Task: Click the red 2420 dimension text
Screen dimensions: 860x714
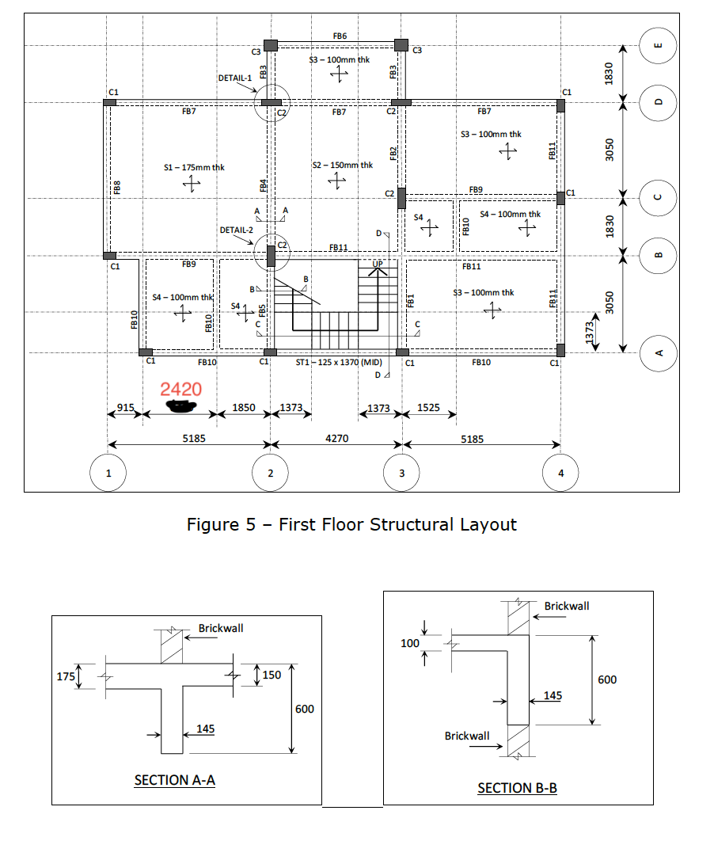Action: click(180, 389)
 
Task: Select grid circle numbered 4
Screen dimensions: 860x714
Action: click(561, 474)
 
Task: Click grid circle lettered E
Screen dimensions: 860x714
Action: click(658, 46)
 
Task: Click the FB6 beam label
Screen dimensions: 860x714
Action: click(340, 36)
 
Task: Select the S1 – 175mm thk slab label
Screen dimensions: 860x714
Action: click(194, 167)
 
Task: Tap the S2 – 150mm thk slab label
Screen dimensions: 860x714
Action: click(342, 165)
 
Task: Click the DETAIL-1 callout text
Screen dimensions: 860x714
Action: click(234, 78)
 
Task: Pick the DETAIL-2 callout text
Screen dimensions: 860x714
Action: click(235, 230)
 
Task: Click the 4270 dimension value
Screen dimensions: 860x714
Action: click(337, 438)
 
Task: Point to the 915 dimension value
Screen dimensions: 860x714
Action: click(125, 407)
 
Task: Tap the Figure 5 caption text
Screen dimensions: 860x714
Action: click(351, 524)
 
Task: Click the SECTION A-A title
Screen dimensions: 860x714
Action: click(175, 780)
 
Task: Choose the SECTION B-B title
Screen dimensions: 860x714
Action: click(517, 787)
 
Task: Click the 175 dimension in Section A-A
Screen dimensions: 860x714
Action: click(66, 676)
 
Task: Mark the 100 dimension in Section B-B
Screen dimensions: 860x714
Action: click(409, 643)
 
